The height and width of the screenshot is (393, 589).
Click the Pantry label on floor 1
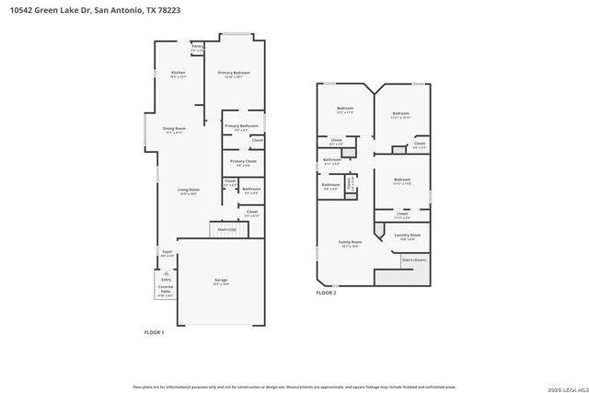tap(197, 47)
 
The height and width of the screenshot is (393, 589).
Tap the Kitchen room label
tap(178, 74)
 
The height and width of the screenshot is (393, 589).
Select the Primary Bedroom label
tap(234, 74)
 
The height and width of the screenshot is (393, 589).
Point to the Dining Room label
tap(174, 130)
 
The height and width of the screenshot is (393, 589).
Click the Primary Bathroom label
tap(241, 127)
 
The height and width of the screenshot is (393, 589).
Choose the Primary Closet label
tap(242, 163)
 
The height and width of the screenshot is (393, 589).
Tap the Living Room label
tap(189, 191)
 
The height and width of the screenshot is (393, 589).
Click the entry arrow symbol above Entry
tap(167, 272)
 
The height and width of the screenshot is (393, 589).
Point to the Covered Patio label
tap(165, 291)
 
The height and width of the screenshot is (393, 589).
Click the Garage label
tap(221, 281)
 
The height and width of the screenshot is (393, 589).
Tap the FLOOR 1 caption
tap(154, 331)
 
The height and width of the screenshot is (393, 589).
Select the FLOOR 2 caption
tap(327, 293)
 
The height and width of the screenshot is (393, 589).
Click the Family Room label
tap(350, 243)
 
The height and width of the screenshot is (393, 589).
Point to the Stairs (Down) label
tap(414, 260)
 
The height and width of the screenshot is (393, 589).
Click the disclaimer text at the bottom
tap(294, 387)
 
